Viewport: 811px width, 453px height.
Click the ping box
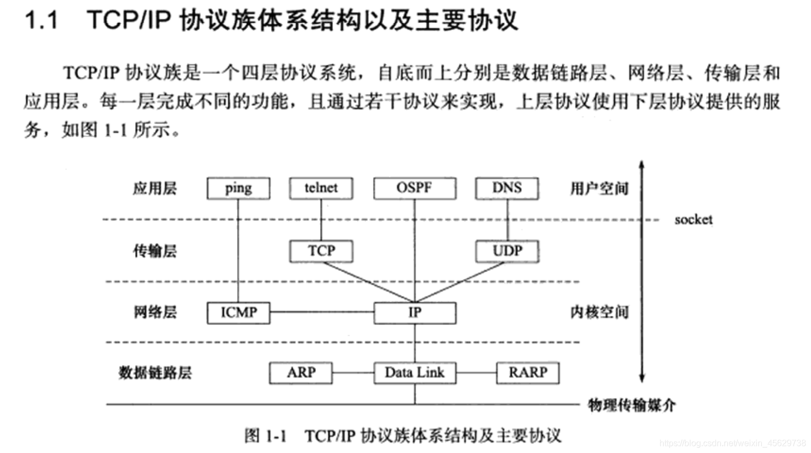pos(238,188)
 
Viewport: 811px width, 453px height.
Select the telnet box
pos(321,188)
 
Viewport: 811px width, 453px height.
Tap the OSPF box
pos(414,188)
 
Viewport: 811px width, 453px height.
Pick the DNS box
pos(507,188)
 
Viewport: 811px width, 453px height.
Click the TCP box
pos(321,251)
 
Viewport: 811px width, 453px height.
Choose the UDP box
pos(507,251)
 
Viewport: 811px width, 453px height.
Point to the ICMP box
pos(238,313)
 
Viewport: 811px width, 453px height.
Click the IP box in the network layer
pos(414,313)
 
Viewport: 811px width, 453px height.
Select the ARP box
pos(300,373)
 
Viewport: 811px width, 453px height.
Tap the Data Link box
pos(414,373)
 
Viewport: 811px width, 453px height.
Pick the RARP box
pos(527,373)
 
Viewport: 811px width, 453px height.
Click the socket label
pos(693,219)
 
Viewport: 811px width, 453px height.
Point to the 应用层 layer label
pos(155,188)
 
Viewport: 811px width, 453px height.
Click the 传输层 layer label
pos(155,251)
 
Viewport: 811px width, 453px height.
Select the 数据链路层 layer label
pos(155,373)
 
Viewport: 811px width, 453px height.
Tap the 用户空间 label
pos(599,188)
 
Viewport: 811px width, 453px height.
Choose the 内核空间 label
pos(599,312)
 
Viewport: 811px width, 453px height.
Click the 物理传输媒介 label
pos(631,405)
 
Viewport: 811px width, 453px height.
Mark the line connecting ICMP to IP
pos(322,312)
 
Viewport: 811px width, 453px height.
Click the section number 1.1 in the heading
pos(42,21)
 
